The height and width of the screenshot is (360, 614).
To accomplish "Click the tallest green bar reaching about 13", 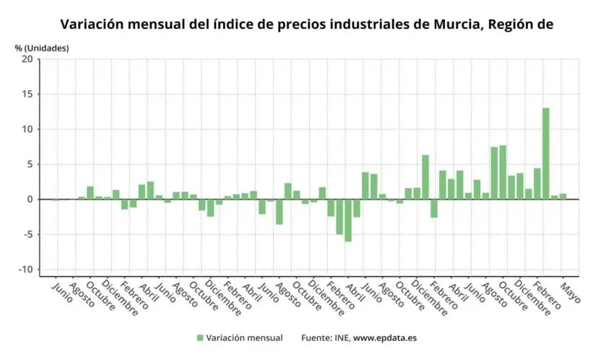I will coord(546,153).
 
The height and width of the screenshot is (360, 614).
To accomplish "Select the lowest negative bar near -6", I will coord(348,220).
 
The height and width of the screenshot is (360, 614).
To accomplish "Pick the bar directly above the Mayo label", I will coord(563,196).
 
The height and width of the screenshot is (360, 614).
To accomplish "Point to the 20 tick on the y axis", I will coord(27,59).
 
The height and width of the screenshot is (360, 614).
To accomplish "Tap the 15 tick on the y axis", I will coord(27,94).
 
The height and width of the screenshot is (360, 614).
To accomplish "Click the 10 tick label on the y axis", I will coord(27,129).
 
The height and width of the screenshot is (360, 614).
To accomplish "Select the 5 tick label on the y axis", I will coord(29,164).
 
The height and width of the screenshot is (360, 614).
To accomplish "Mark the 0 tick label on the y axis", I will coord(29,200).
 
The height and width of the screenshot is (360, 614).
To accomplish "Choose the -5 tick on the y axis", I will coord(27,234).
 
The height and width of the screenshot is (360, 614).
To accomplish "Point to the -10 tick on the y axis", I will coord(25,270).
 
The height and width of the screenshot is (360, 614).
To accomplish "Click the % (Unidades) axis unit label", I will coord(41,48).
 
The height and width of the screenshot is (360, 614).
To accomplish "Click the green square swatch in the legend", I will coord(200,338).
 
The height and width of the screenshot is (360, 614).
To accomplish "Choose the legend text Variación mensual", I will coord(244,338).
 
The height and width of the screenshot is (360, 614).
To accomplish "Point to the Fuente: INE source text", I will coord(324,338).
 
